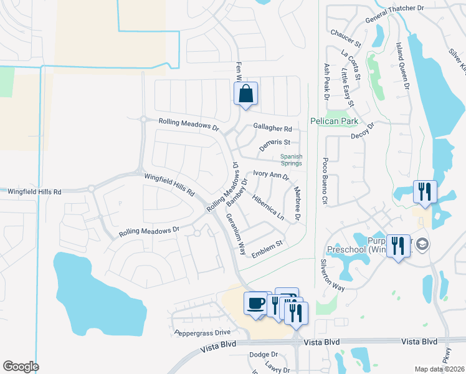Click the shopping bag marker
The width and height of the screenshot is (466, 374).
click(x=246, y=94)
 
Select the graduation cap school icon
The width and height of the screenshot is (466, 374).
click(x=422, y=243)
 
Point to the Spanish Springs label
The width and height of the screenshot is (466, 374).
click(x=291, y=160)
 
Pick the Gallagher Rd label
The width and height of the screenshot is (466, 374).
click(x=272, y=128)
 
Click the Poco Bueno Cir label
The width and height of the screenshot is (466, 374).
click(x=325, y=181)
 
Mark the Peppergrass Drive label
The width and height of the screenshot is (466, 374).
click(x=202, y=332)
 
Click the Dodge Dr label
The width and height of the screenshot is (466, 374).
click(x=259, y=354)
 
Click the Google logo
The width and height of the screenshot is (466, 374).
click(x=20, y=367)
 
